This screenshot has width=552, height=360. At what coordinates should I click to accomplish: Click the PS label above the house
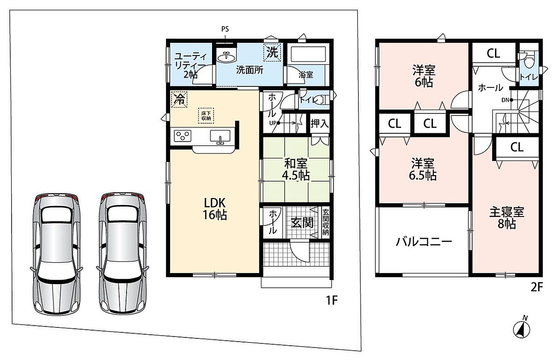click(225, 29)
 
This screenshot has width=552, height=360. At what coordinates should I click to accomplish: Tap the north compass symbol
click(522, 329)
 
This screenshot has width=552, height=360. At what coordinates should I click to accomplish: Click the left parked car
click(57, 254)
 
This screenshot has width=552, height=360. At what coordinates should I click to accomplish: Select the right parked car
click(123, 254)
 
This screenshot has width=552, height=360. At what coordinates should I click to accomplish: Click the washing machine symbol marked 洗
click(272, 52)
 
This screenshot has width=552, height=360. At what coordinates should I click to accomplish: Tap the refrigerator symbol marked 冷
click(179, 99)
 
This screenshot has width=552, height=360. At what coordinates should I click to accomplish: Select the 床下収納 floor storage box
click(206, 116)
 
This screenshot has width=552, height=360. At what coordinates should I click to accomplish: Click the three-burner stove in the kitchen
click(183, 136)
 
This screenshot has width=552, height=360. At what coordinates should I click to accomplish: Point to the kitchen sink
click(220, 137)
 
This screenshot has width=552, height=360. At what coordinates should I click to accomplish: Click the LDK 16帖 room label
click(215, 209)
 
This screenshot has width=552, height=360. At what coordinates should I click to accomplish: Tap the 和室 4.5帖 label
click(296, 169)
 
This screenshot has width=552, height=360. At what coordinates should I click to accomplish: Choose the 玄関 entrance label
click(302, 223)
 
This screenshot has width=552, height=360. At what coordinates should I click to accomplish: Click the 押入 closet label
click(320, 123)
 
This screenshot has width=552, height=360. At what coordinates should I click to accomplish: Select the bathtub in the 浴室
click(308, 54)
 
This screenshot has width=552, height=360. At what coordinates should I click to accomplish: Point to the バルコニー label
click(424, 242)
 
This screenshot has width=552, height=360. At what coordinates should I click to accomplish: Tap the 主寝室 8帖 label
click(506, 218)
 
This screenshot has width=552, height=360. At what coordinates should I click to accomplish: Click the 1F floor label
click(332, 300)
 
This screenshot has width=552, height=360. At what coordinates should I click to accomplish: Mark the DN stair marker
click(507, 100)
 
